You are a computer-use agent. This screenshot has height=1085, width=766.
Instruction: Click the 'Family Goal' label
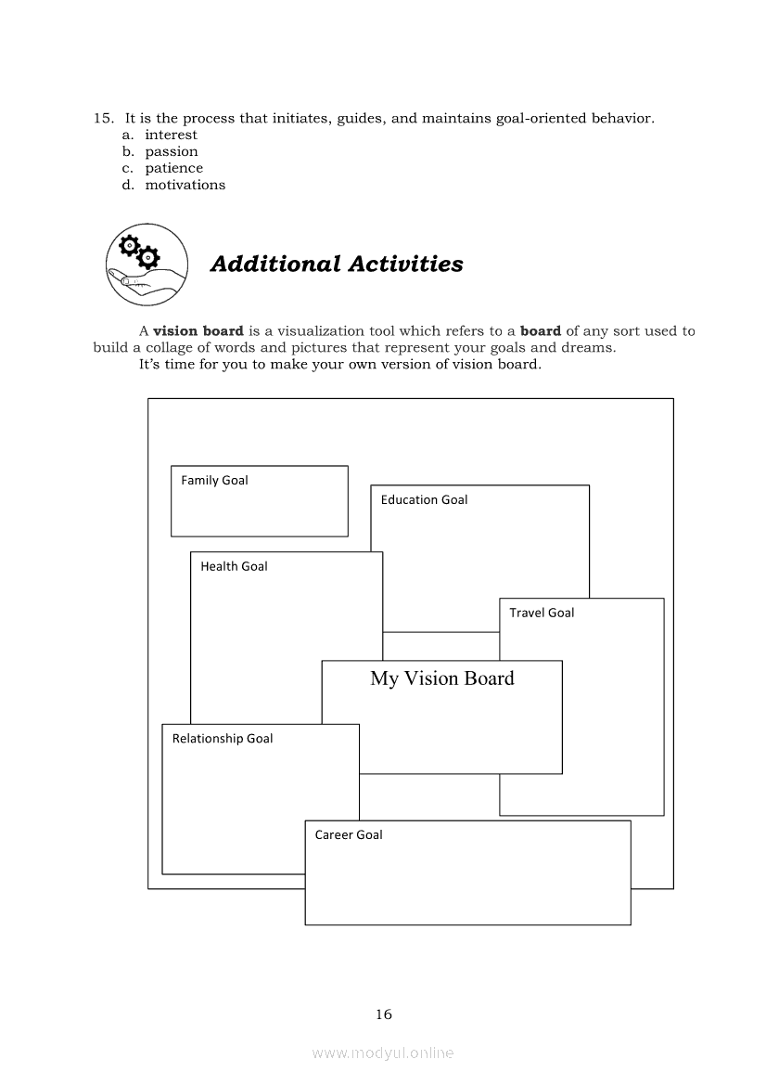(214, 480)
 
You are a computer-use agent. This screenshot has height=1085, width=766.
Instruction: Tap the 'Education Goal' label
(424, 499)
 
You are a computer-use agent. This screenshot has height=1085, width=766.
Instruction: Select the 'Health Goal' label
(234, 566)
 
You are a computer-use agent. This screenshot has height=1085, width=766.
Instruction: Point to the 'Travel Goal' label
(542, 613)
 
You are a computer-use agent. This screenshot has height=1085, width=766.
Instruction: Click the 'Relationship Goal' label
(223, 739)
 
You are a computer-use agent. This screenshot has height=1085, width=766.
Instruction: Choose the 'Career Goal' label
(349, 834)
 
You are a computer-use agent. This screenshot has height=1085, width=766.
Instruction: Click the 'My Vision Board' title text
(442, 678)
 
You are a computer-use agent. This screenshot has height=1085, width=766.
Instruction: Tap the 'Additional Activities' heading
(337, 264)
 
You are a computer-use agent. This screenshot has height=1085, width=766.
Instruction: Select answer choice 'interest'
(171, 135)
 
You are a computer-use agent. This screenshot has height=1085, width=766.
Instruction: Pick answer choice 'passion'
(172, 151)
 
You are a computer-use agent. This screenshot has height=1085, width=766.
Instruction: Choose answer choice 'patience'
(173, 168)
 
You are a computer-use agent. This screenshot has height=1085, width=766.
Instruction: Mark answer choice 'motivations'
(185, 185)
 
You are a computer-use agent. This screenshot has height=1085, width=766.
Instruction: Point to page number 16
(384, 1014)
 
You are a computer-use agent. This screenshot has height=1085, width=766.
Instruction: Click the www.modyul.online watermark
(383, 1053)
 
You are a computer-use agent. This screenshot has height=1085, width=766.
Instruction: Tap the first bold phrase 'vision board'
(198, 330)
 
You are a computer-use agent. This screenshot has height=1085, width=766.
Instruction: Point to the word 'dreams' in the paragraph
(591, 347)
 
